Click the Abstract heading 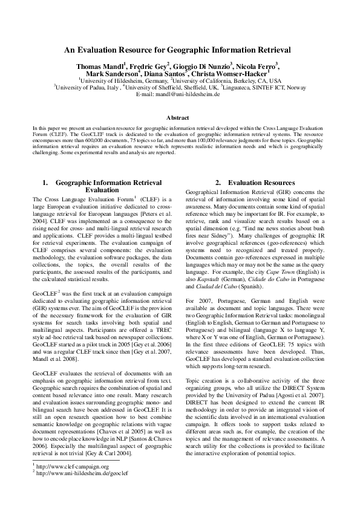tap(180, 118)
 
